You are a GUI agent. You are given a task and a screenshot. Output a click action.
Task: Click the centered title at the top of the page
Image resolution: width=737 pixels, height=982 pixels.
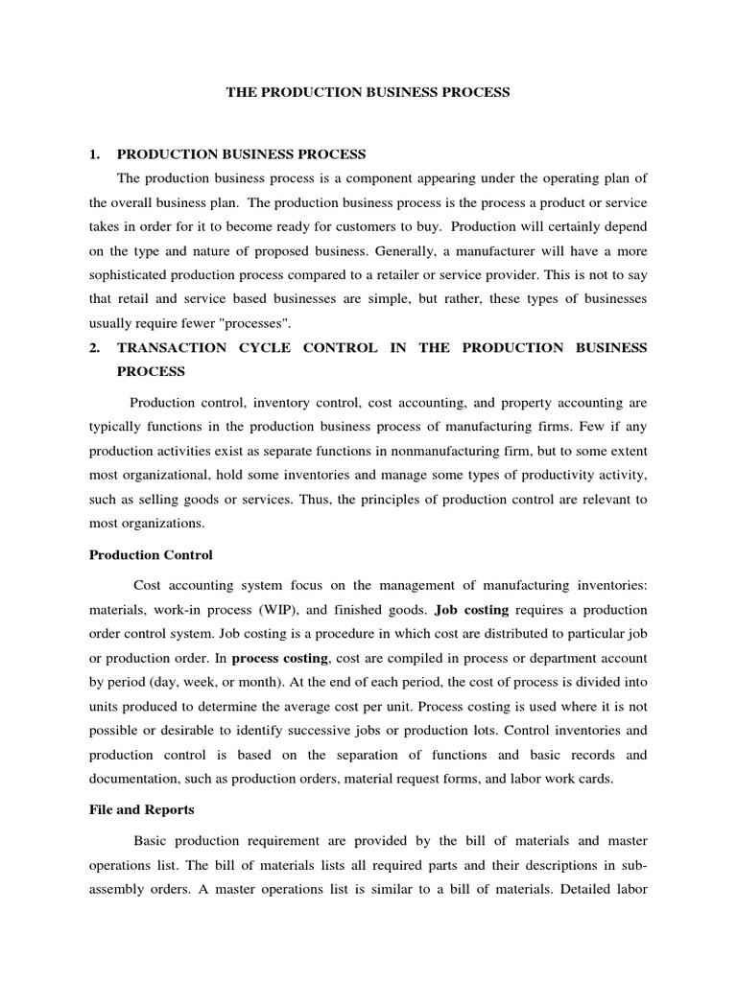click(x=368, y=93)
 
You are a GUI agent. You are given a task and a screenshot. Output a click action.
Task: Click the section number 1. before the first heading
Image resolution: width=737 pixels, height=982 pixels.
click(x=95, y=153)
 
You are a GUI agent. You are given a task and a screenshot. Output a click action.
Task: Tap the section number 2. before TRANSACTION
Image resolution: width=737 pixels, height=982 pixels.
click(x=95, y=347)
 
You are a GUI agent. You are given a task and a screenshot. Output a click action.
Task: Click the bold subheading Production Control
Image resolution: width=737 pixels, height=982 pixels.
click(x=151, y=554)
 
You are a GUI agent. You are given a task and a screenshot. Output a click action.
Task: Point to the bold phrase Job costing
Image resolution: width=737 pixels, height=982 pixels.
click(x=471, y=610)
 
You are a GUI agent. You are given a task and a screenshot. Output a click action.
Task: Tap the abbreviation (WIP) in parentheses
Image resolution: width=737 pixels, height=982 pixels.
click(x=273, y=610)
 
